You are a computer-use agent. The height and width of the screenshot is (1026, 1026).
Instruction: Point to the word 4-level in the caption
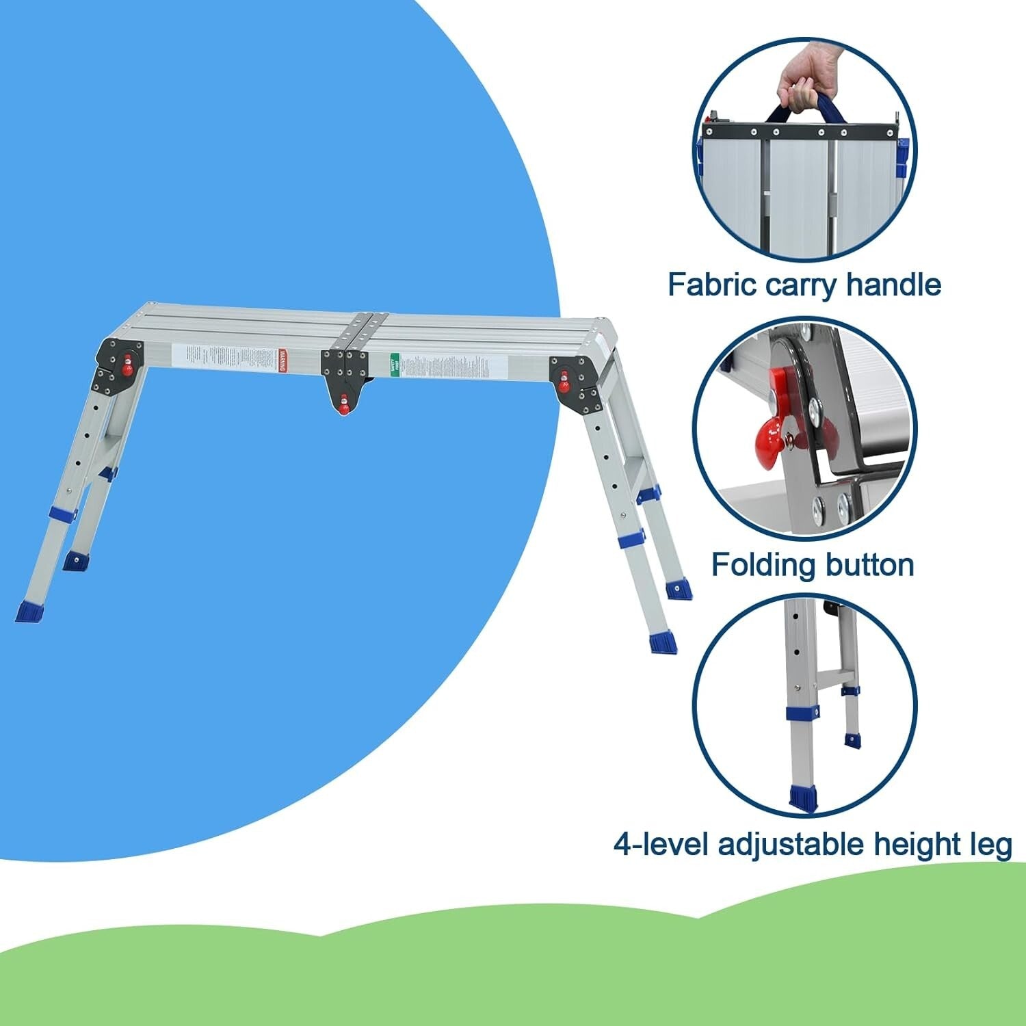coord(660,845)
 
